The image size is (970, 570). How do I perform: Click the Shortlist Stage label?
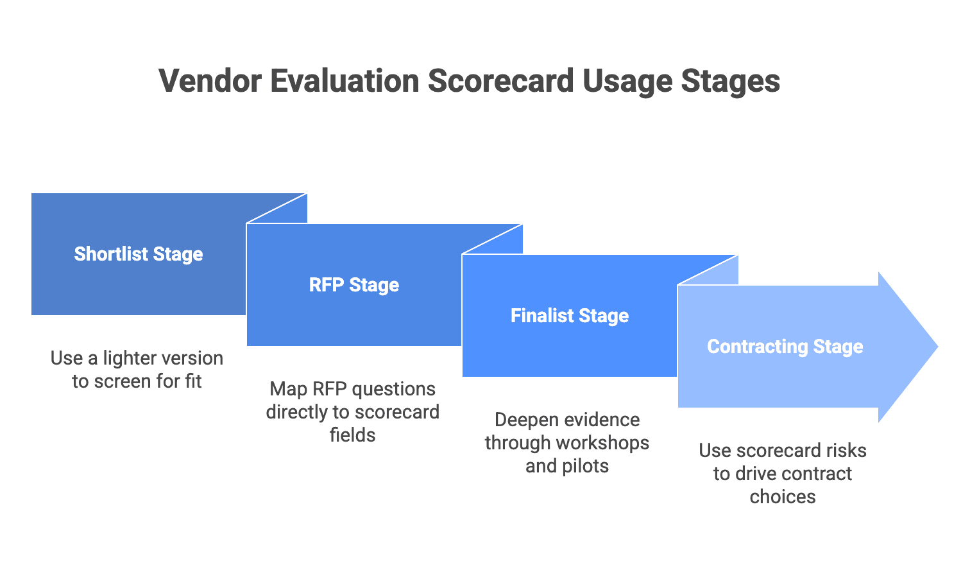(x=139, y=254)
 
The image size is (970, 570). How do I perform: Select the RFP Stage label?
(x=354, y=285)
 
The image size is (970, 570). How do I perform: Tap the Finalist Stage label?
(x=570, y=316)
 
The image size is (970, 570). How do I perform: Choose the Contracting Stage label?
(x=785, y=347)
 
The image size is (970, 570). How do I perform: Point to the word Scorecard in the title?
(x=501, y=82)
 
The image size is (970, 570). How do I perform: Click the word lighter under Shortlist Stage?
(x=133, y=358)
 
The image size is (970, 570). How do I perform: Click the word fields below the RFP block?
(x=352, y=435)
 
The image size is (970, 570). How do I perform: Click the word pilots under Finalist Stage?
(x=584, y=466)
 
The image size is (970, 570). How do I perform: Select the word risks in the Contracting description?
(x=846, y=451)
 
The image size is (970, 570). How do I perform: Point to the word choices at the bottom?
(x=783, y=497)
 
